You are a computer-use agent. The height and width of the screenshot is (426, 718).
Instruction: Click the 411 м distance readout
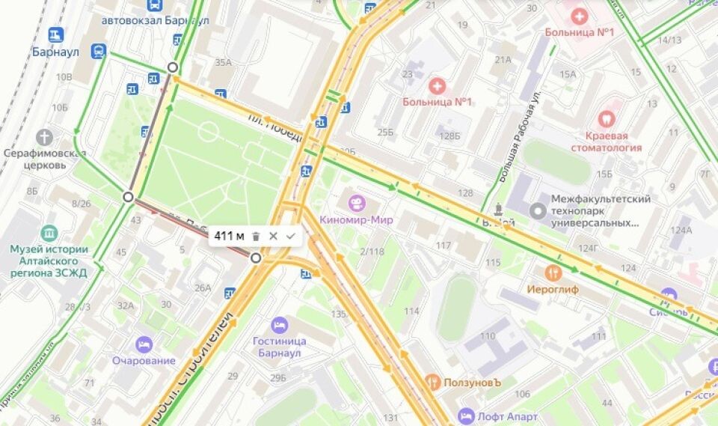tap(229, 236)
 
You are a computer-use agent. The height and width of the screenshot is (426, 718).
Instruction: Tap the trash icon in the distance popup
tap(256, 236)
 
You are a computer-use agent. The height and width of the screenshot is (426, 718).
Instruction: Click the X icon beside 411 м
tap(273, 236)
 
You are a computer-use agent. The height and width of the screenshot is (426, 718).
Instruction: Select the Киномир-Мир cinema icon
tap(358, 204)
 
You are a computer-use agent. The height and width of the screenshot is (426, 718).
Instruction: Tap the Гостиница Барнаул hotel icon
tap(280, 325)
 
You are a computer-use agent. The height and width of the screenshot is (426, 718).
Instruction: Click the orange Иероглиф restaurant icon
tap(553, 272)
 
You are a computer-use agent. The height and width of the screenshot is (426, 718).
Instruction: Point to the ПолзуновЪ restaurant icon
tap(432, 382)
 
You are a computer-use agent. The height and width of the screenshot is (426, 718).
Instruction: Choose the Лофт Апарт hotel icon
tap(467, 416)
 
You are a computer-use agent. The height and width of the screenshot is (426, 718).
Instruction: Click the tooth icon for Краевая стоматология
tap(606, 118)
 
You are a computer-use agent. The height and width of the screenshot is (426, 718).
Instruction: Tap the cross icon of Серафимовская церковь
tap(45, 137)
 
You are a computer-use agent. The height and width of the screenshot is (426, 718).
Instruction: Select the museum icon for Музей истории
tap(49, 233)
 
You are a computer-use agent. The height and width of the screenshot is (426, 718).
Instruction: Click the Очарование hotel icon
tap(144, 344)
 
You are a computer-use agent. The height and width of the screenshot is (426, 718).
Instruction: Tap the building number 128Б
tap(449, 136)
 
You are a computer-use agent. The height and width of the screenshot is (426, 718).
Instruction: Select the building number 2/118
tap(372, 252)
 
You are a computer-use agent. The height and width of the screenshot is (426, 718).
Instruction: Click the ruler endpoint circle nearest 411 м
tap(257, 258)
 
